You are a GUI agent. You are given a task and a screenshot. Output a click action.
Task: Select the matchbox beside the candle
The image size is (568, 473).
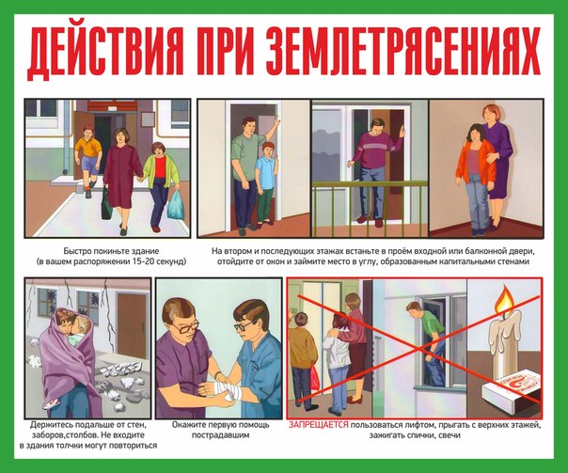(513, 394)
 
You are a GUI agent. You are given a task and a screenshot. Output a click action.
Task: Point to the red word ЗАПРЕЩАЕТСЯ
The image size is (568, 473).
(319, 425)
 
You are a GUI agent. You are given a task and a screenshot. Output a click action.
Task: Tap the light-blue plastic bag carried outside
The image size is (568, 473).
(176, 205)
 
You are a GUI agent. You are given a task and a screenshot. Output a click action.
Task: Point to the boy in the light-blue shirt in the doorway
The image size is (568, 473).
(266, 184)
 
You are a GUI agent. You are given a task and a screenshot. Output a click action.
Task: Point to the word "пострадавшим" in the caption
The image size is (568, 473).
(220, 435)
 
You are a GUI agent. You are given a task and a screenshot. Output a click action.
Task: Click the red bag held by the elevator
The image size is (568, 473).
(314, 377)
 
